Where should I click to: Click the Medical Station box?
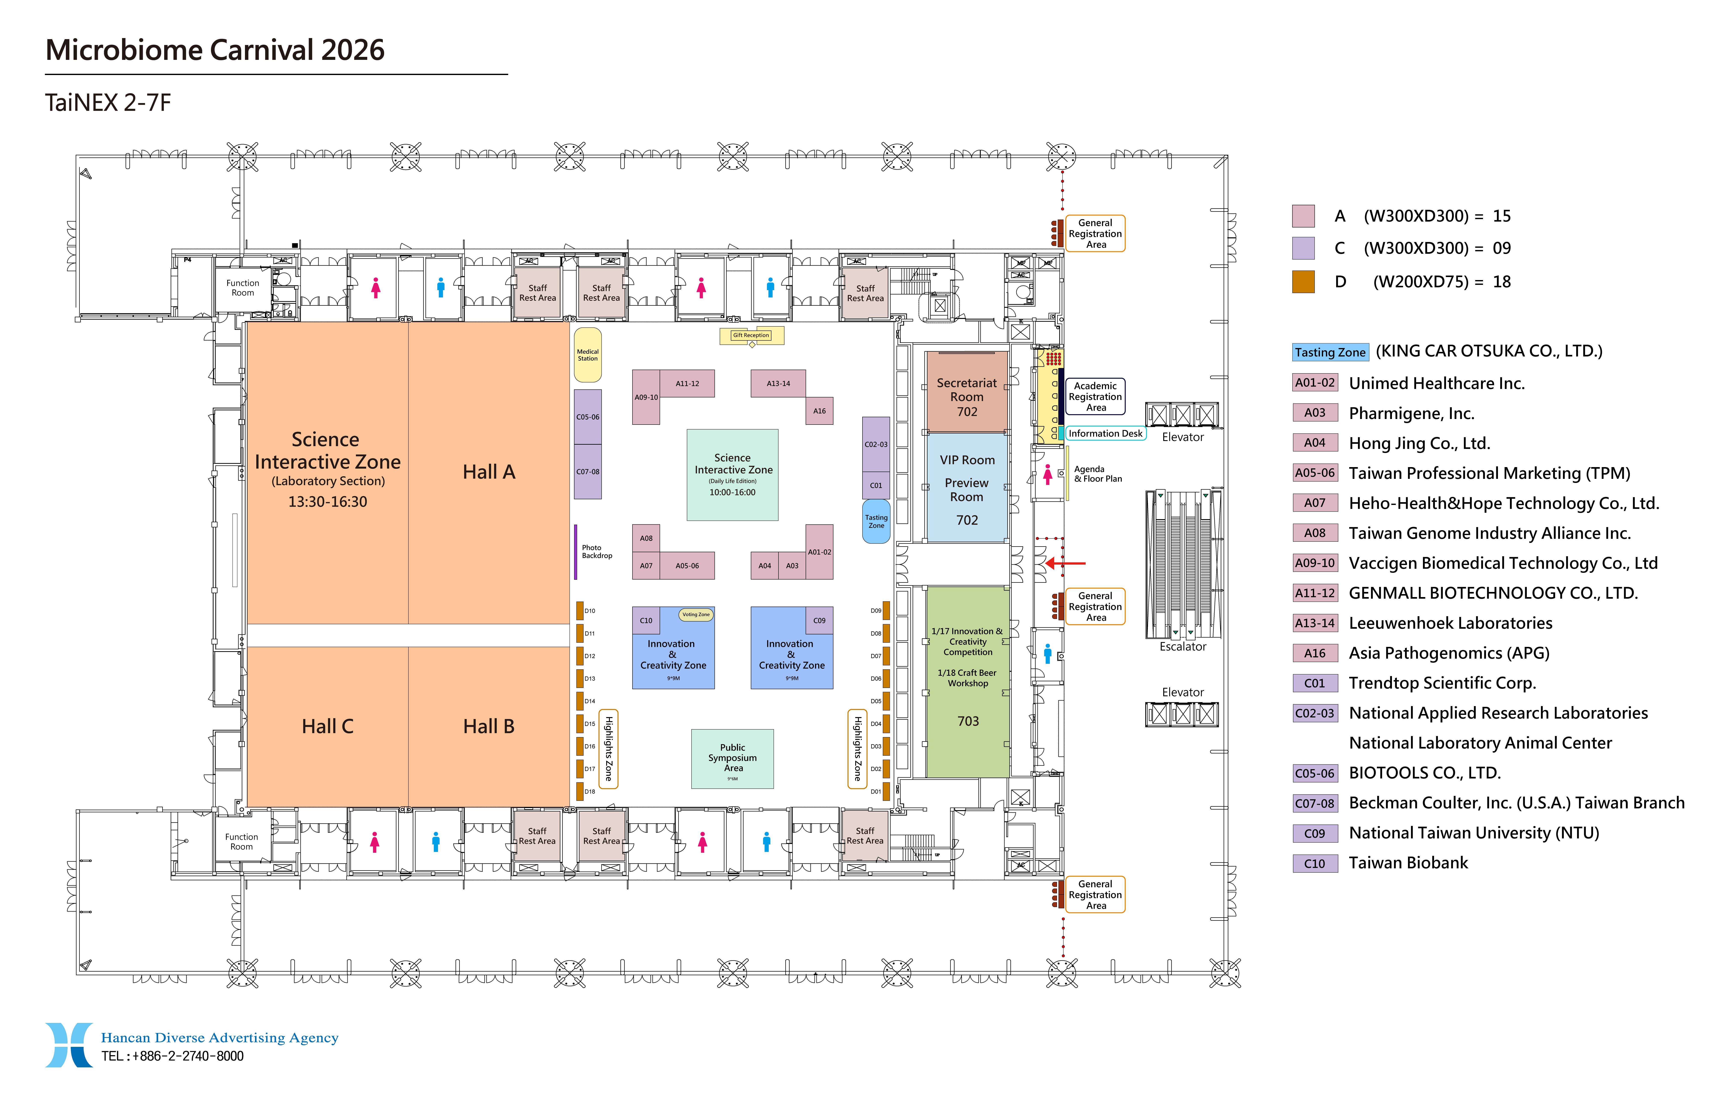(587, 355)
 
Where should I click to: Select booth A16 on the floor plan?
(819, 411)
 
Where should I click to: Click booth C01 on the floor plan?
(876, 485)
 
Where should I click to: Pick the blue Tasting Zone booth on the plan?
(876, 522)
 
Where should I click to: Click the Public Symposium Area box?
(732, 758)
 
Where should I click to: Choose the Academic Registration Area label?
(1095, 396)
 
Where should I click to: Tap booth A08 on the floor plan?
(646, 538)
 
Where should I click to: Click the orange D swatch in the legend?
(1303, 282)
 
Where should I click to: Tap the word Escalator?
(1183, 647)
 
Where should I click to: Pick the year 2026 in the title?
(353, 50)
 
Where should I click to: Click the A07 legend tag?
(1314, 503)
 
